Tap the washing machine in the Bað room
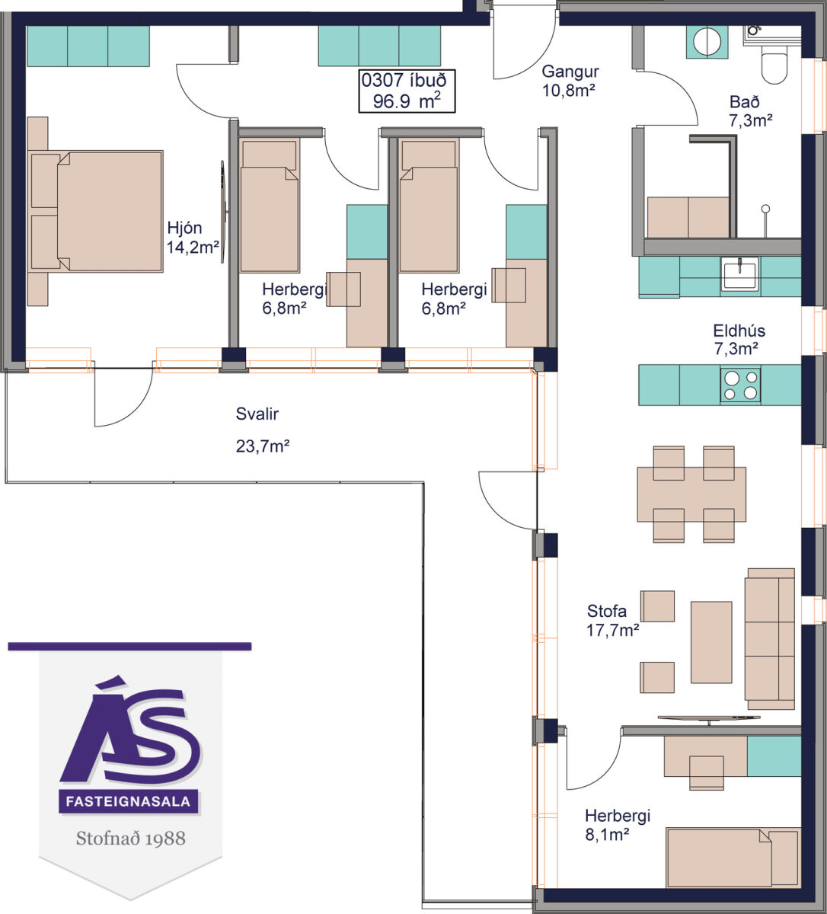707,42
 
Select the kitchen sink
739,273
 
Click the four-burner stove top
740,385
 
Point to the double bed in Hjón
95,211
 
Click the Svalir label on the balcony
257,414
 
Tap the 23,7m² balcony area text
263,446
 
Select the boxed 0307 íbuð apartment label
407,91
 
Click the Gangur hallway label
570,72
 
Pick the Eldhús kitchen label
739,331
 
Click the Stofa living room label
606,611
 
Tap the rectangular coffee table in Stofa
711,642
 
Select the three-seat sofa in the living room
770,638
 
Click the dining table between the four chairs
691,494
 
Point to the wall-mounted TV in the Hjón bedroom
223,212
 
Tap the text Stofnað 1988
131,839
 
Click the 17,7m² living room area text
613,630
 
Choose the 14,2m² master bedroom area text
193,248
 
